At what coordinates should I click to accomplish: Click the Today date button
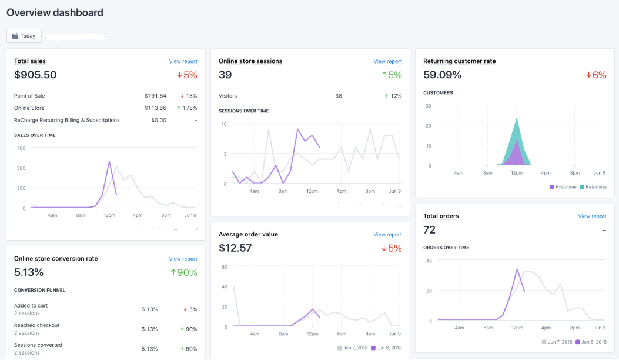pyautogui.click(x=24, y=36)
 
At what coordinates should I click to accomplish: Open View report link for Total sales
pyautogui.click(x=183, y=61)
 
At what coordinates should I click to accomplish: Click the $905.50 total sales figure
pyautogui.click(x=35, y=75)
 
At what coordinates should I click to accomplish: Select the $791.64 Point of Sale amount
pyautogui.click(x=155, y=96)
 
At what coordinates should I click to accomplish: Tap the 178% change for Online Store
pyautogui.click(x=188, y=108)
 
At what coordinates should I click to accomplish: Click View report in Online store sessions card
pyautogui.click(x=387, y=61)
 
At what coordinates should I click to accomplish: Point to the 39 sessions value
pyautogui.click(x=225, y=75)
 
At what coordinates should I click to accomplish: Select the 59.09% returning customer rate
pyautogui.click(x=442, y=75)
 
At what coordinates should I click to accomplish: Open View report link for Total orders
pyautogui.click(x=592, y=216)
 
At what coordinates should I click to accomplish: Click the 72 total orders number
pyautogui.click(x=429, y=230)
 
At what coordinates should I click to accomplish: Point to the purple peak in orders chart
pyautogui.click(x=517, y=269)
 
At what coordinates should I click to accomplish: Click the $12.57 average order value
pyautogui.click(x=235, y=248)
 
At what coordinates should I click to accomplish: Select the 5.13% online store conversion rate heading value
pyautogui.click(x=29, y=272)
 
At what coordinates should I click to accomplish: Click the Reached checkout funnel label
pyautogui.click(x=36, y=325)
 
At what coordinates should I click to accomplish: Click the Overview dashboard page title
pyautogui.click(x=55, y=12)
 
